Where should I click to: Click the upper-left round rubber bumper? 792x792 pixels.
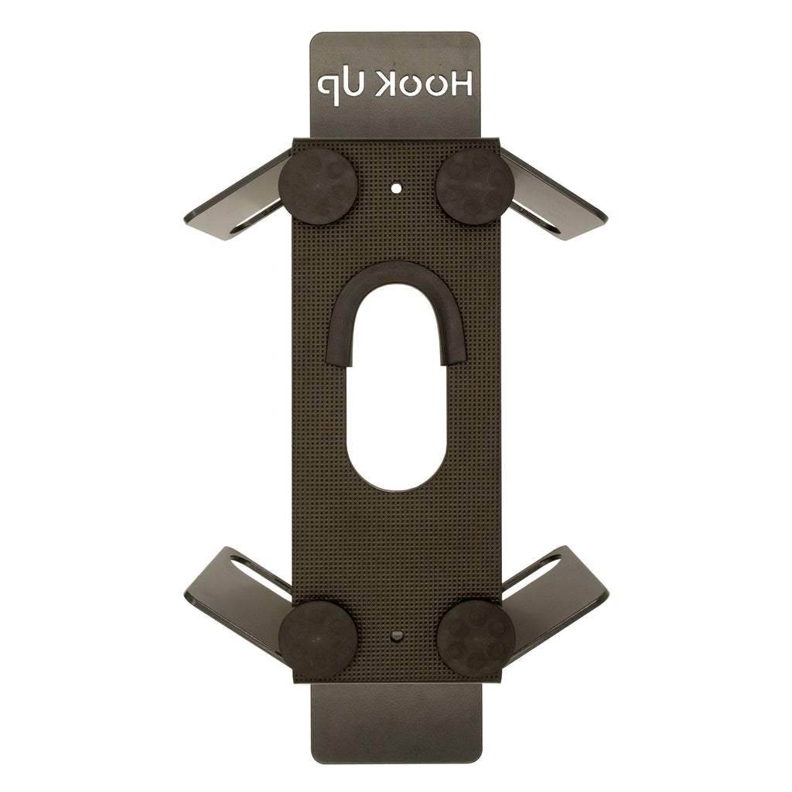click(x=319, y=186)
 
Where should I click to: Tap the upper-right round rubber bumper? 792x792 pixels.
click(x=474, y=186)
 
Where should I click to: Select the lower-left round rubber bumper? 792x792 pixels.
click(x=318, y=638)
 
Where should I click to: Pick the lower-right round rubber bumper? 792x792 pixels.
click(x=476, y=637)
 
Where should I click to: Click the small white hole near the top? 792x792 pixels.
click(x=397, y=189)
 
